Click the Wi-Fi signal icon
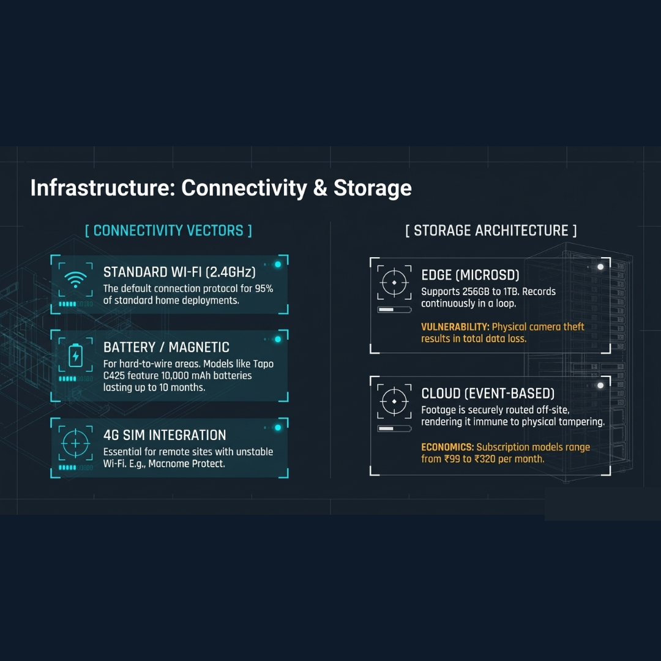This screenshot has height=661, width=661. pos(75,279)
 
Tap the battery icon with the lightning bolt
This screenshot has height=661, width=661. pos(75,356)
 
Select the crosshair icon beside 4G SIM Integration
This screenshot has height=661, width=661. pos(75,444)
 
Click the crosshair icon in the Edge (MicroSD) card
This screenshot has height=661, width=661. pos(394,282)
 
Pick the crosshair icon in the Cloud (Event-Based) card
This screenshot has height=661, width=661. pos(394,401)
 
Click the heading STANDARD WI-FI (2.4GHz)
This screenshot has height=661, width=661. pos(179,272)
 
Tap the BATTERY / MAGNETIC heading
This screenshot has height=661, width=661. pos(166,348)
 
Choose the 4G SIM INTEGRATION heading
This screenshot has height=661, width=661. pos(165,435)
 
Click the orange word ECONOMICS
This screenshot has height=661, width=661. pos(447,447)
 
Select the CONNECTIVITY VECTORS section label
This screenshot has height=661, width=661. pos(169,231)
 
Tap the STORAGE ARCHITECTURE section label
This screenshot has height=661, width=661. pos(491,231)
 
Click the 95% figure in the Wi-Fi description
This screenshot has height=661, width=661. pos(264,289)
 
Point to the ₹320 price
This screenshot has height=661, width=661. pos(485,458)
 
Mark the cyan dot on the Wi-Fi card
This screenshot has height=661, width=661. pos(278,264)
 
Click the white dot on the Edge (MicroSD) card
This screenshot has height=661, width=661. pos(600,267)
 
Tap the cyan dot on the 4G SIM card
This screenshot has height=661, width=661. pos(278,427)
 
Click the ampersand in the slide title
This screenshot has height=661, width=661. pos(320,188)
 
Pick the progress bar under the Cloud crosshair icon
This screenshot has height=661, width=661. pos(394,428)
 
